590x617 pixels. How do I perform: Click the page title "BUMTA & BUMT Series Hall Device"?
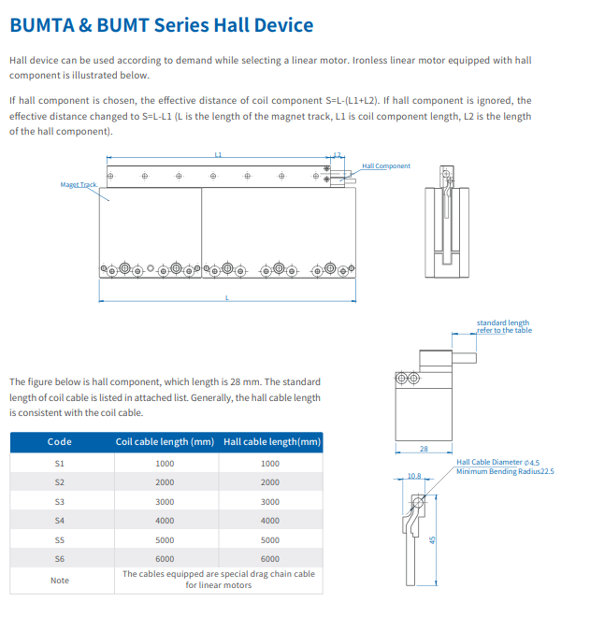162,25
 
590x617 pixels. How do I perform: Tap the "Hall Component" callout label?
386,166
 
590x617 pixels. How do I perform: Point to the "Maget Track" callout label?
79,184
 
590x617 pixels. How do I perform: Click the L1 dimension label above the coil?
218,154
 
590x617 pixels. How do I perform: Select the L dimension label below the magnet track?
226,298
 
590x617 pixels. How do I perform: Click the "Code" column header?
60,442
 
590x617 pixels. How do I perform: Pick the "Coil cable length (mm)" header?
165,442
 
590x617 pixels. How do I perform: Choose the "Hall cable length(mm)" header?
272,442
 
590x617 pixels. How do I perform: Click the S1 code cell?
60,464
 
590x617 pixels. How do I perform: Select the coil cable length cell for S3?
165,502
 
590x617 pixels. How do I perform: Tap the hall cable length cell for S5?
270,540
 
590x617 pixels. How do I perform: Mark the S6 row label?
60,559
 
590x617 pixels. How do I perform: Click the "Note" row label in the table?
60,581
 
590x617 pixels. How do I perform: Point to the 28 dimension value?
424,449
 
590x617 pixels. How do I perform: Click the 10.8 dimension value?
414,476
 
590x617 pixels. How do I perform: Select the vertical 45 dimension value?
432,540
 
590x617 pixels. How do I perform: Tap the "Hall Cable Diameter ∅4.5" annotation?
497,463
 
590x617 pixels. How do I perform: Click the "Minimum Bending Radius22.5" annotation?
505,471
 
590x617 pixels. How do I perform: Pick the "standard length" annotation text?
503,323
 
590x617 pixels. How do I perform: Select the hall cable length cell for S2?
270,482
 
